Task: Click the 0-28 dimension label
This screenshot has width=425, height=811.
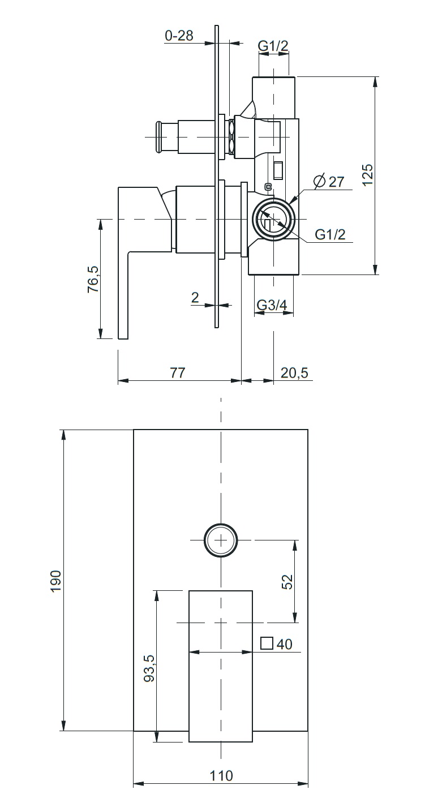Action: [x=179, y=36]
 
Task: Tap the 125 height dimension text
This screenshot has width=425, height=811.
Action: [x=367, y=175]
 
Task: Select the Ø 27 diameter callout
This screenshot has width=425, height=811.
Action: [x=329, y=181]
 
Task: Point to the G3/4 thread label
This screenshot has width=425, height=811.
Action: [x=272, y=305]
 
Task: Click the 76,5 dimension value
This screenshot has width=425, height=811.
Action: [x=93, y=279]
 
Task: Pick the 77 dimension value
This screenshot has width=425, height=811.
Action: [x=178, y=372]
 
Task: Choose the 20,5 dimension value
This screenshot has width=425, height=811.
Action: [x=294, y=372]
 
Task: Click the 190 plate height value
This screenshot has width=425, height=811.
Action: [x=56, y=581]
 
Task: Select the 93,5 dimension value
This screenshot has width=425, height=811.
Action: [x=149, y=668]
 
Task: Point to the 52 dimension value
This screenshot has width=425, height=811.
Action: [x=287, y=582]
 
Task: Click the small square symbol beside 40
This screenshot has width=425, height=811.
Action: [x=267, y=643]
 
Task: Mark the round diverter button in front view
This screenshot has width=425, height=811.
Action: [x=221, y=540]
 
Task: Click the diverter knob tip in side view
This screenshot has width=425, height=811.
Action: [x=159, y=137]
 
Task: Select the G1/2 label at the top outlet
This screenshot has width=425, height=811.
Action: [x=273, y=46]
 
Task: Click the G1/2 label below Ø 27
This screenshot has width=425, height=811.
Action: [x=330, y=234]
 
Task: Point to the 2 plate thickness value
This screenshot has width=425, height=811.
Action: [x=195, y=298]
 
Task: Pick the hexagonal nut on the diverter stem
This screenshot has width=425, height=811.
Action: [x=230, y=136]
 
